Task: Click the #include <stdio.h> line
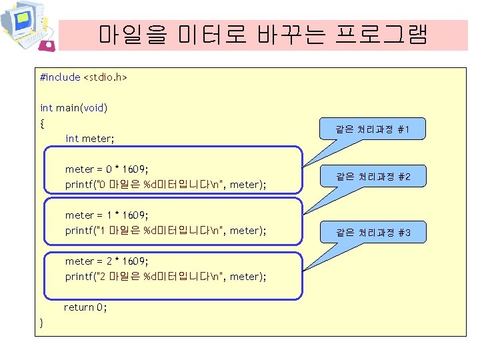coord(83,77)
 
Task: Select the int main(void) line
coord(74,107)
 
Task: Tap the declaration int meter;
coord(90,139)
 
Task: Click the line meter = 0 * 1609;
coord(106,169)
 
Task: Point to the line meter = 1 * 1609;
coord(106,215)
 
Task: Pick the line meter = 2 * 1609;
coord(106,261)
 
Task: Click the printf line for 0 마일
coord(165,185)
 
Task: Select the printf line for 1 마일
coord(165,231)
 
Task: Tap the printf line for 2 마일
coord(165,277)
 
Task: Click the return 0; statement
coord(86,307)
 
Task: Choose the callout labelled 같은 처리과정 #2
coord(373,177)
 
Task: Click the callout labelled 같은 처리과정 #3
coord(373,233)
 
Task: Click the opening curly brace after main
coord(43,123)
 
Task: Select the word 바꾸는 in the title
coord(294,35)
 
